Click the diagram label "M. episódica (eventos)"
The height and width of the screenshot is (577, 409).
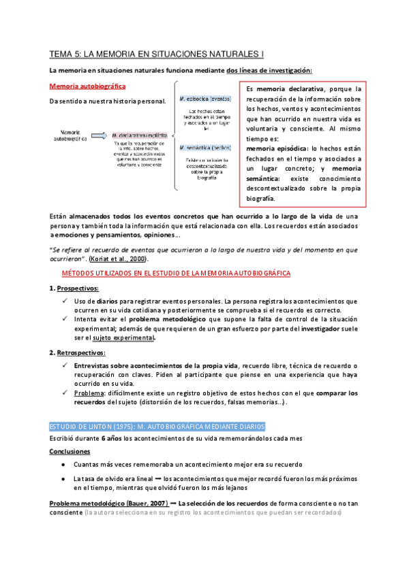[x=205, y=98]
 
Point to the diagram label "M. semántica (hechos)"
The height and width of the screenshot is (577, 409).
[x=205, y=148]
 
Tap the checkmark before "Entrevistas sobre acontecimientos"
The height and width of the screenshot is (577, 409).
[x=65, y=366]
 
